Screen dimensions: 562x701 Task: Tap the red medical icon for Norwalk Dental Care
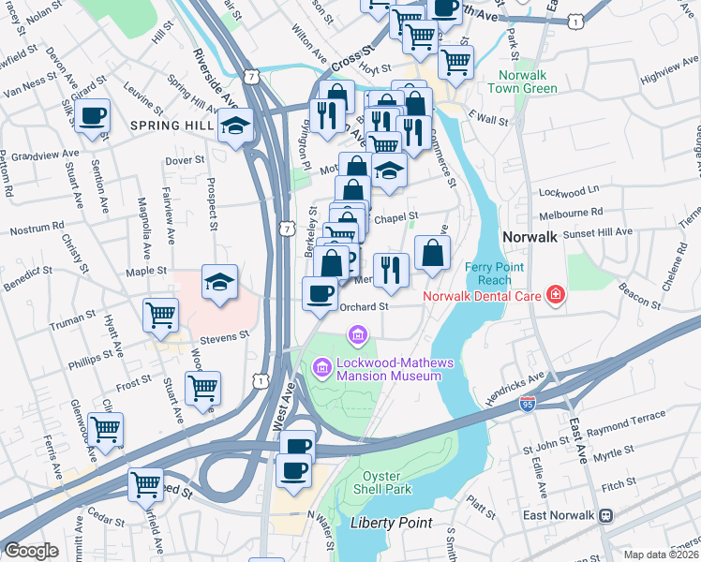click(556, 296)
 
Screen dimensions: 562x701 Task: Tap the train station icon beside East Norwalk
click(607, 515)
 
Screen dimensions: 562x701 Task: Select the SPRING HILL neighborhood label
click(171, 126)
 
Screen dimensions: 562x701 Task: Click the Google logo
click(31, 551)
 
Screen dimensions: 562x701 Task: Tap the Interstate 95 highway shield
click(529, 405)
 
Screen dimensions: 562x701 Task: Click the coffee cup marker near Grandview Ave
click(93, 117)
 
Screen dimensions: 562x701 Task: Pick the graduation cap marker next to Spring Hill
click(235, 126)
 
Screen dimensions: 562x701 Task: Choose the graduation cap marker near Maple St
click(219, 281)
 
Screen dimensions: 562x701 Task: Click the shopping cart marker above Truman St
click(161, 314)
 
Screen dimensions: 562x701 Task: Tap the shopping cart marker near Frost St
click(202, 386)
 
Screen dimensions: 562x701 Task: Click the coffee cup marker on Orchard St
click(320, 293)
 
